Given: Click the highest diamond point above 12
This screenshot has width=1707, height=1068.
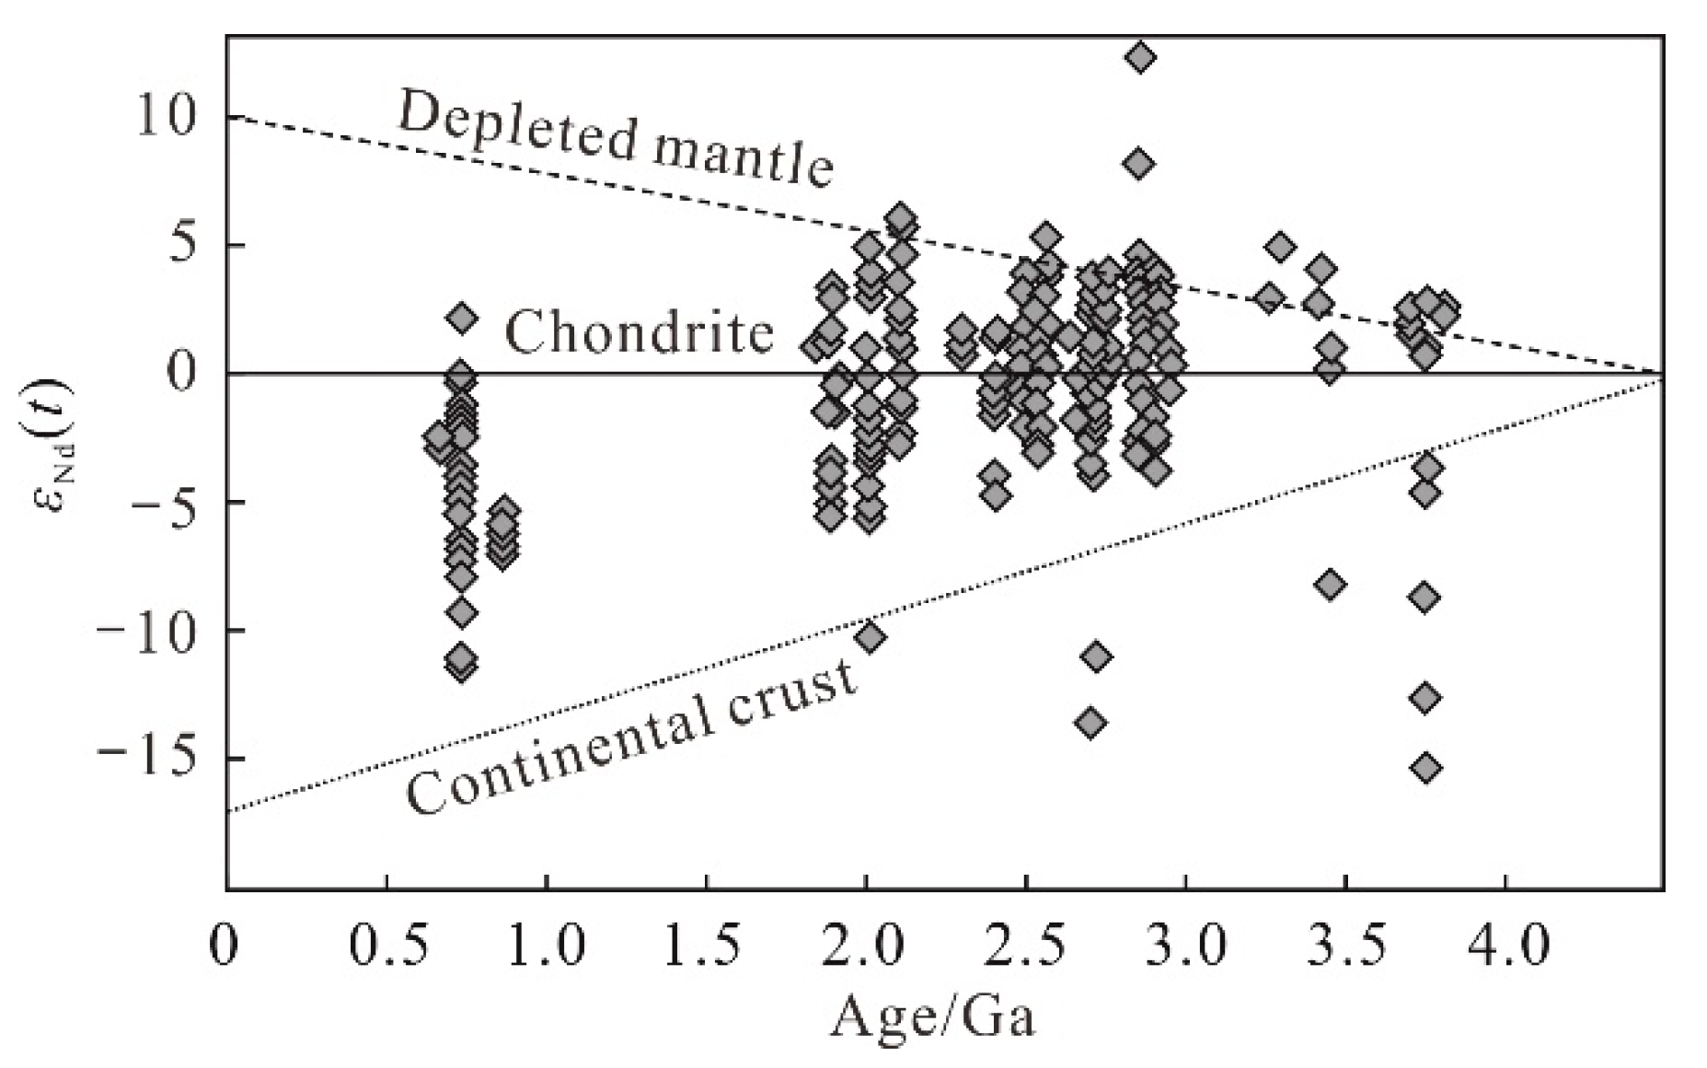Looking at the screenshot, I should point(1139,58).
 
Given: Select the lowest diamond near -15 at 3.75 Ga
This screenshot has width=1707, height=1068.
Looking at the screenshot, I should point(1425,768).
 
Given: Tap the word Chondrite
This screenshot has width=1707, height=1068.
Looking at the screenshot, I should point(639,332).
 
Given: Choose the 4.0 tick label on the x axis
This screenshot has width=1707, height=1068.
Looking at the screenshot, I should point(1505,946).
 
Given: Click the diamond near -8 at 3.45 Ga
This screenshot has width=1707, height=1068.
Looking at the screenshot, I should point(1331,585).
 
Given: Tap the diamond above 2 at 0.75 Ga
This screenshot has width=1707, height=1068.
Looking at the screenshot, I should point(463,319).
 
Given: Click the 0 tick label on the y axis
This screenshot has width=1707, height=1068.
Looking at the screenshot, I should point(185,374).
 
